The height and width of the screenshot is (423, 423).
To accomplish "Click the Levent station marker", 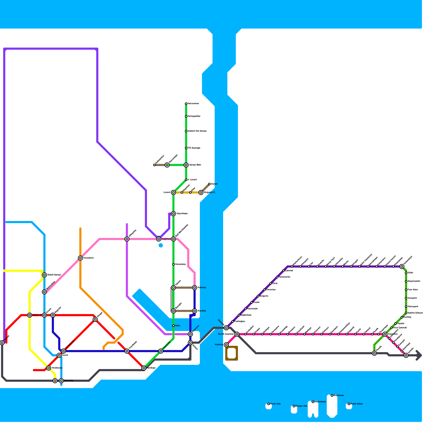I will click(x=173, y=192).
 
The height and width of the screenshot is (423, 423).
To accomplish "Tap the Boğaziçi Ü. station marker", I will click(x=201, y=192).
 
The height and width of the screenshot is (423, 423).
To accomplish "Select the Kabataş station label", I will click(x=202, y=288).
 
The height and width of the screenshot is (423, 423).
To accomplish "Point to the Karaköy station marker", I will click(x=195, y=311).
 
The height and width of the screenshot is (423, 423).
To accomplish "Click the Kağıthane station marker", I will click(x=159, y=239).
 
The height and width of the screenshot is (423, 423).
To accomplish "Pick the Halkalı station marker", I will click(x=2, y=343).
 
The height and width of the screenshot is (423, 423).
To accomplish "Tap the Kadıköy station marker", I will click(x=226, y=345).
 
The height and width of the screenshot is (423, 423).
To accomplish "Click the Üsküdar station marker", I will click(x=226, y=328).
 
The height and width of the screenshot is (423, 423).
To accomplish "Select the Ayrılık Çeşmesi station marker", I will click(x=237, y=334).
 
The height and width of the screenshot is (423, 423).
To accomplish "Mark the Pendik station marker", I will click(x=374, y=353).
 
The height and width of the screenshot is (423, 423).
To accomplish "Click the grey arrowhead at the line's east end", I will click(x=419, y=355).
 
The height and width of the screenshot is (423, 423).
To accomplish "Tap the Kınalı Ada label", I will click(x=275, y=404).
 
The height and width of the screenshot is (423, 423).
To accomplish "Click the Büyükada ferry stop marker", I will click(x=332, y=396).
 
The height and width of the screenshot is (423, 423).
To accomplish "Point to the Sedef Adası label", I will click(x=357, y=404).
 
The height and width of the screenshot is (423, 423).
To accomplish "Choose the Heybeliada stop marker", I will click(x=313, y=402).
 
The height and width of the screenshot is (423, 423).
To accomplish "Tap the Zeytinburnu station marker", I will click(x=63, y=351).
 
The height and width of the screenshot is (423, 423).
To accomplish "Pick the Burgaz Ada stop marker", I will click(x=294, y=406).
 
